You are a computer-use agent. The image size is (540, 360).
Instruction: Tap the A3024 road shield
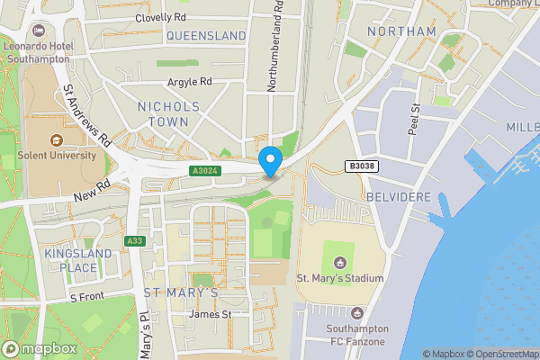tap(203, 170)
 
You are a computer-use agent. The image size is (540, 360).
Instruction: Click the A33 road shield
tap(135, 240)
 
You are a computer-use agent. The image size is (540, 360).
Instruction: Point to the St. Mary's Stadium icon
tap(339, 263)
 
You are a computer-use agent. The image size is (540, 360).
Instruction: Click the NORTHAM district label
tap(401, 31)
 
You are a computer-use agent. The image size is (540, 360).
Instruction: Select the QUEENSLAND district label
tap(206, 36)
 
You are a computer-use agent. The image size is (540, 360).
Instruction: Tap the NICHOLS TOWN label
tap(168, 113)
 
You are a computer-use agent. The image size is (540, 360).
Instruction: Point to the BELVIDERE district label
tap(400, 196)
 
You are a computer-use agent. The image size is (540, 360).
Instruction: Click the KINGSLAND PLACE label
tap(78, 260)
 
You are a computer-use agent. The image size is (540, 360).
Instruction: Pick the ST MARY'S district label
tap(181, 293)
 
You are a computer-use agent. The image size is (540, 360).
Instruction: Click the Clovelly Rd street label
tap(160, 17)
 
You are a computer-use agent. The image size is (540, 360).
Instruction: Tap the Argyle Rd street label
tap(189, 81)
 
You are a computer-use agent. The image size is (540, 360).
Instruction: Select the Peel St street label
tap(415, 121)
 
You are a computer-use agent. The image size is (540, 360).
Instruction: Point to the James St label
tap(210, 314)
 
